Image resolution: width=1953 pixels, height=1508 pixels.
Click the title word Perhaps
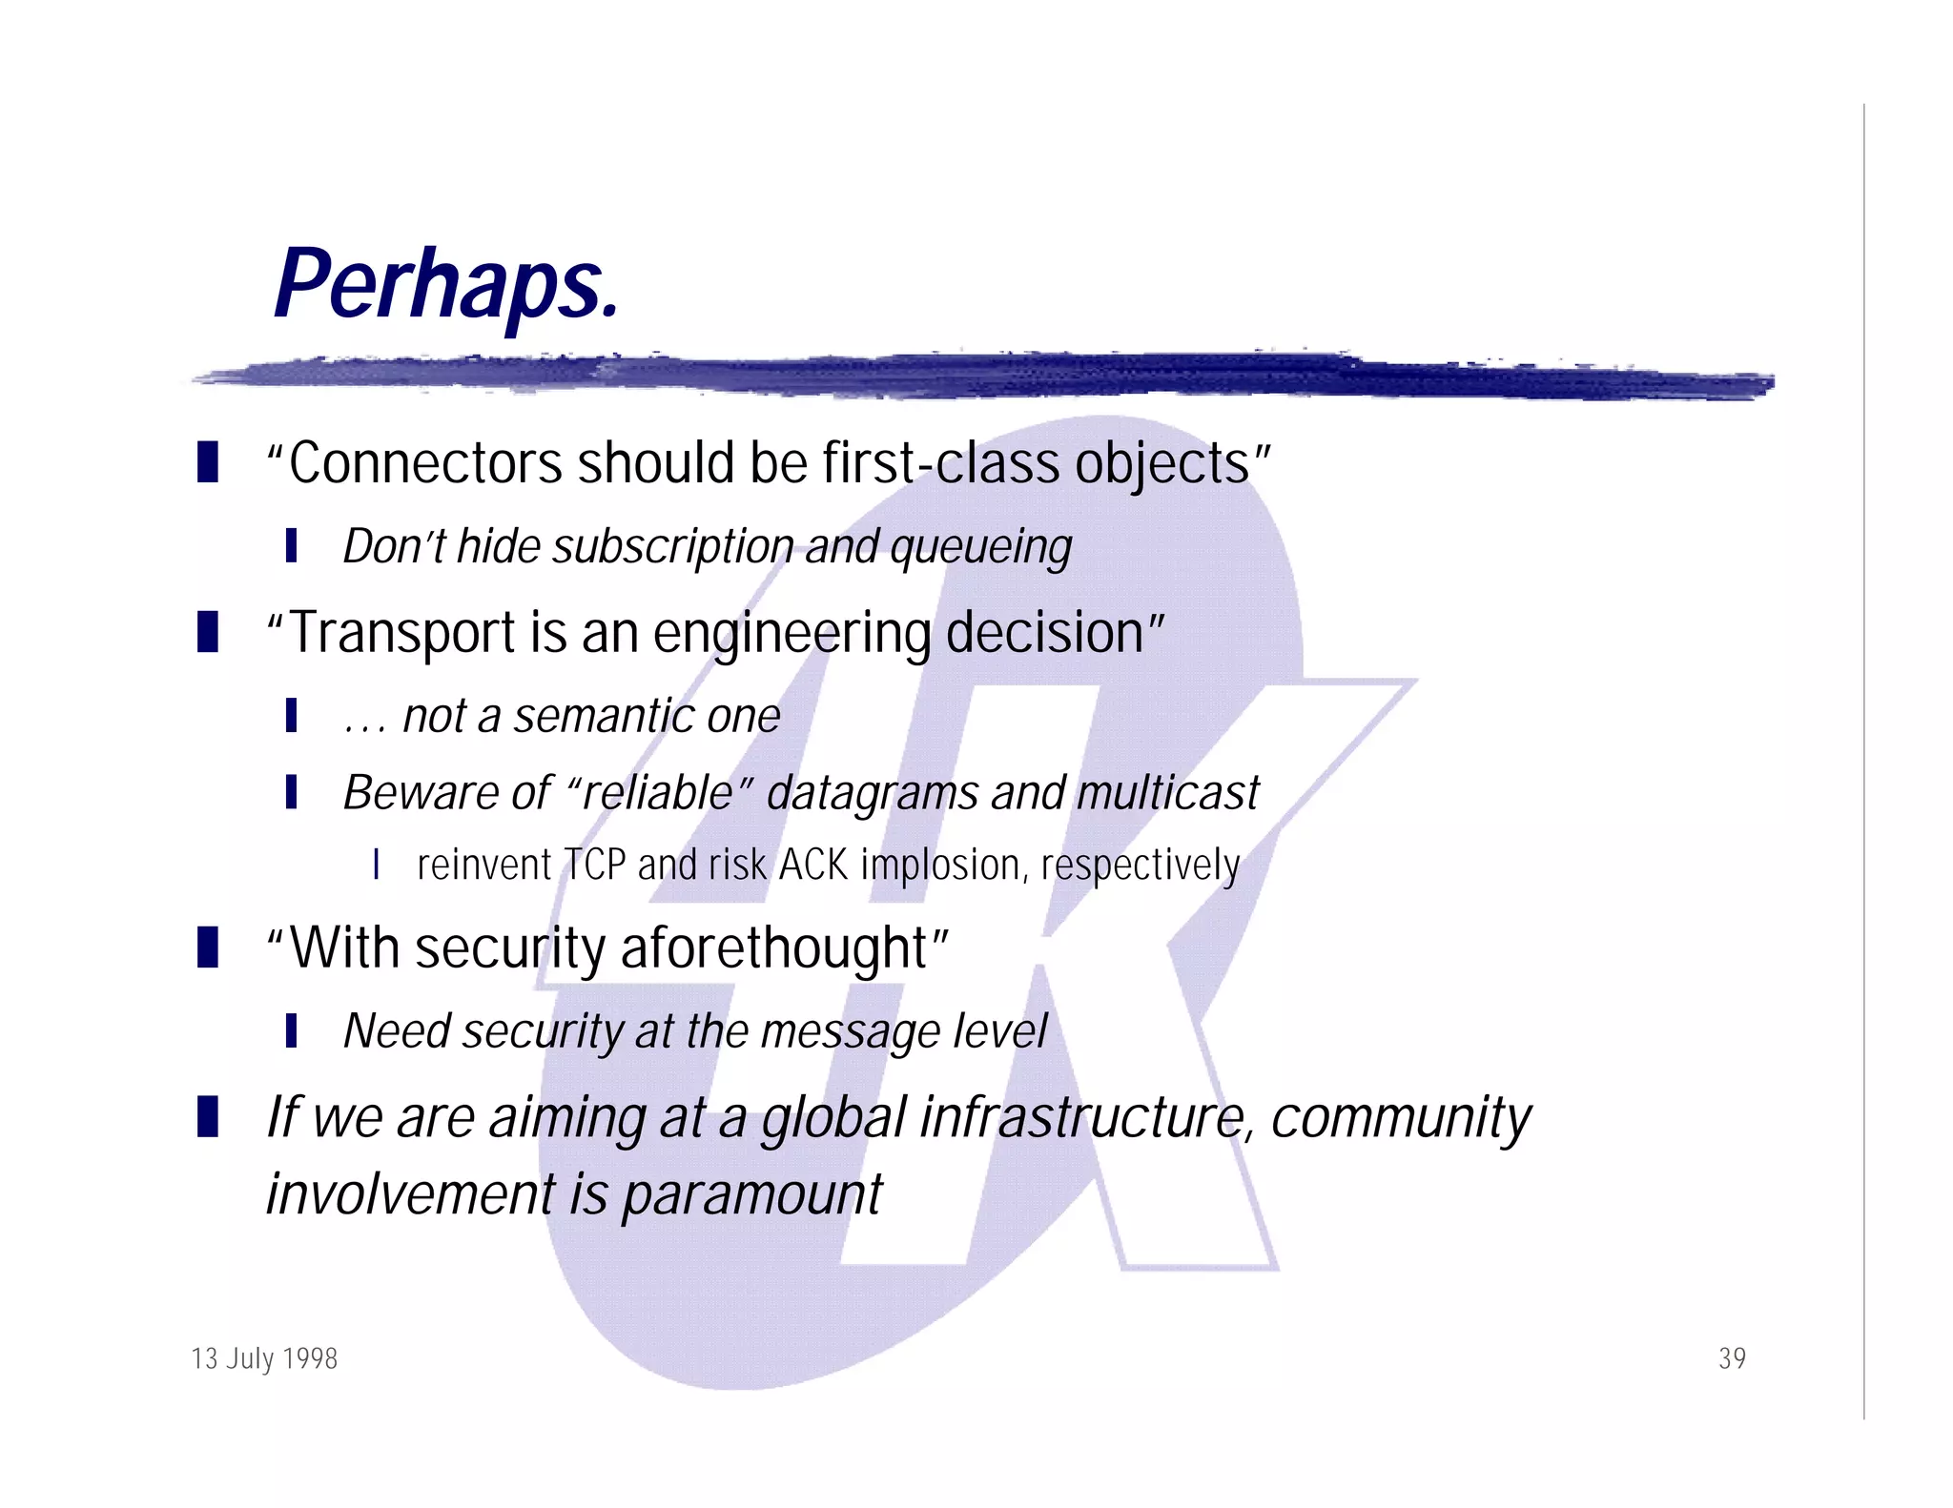tap(446, 286)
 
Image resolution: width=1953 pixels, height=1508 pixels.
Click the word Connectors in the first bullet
tap(424, 464)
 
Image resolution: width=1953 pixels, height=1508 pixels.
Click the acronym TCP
tap(595, 866)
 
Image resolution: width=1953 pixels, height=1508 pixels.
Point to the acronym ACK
tap(813, 866)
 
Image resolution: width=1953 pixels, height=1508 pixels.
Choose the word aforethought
tap(774, 948)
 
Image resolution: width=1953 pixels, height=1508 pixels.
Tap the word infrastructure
tap(1084, 1118)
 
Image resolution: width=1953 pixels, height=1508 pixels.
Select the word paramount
tap(752, 1195)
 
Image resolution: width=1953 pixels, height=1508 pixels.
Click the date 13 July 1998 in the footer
tap(264, 1358)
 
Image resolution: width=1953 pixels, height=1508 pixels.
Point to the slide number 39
tap(1732, 1358)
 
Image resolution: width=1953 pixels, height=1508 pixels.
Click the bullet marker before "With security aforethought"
tap(207, 948)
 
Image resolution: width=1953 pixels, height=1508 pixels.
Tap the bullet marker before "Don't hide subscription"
tap(291, 546)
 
